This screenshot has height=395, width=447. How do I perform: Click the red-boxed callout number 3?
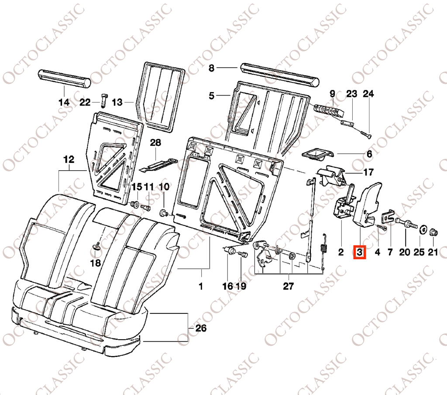click(360, 252)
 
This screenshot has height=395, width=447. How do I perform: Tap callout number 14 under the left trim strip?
click(64, 102)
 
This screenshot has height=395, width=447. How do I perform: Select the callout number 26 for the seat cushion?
click(201, 328)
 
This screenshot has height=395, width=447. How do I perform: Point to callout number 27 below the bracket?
click(288, 286)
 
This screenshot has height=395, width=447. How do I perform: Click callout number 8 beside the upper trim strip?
click(211, 68)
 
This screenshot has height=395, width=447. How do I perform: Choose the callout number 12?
click(69, 159)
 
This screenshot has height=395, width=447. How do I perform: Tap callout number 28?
click(155, 142)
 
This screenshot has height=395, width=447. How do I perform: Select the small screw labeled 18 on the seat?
click(96, 246)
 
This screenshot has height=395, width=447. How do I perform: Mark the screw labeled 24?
click(365, 134)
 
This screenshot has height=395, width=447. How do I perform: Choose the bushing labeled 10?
click(164, 213)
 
